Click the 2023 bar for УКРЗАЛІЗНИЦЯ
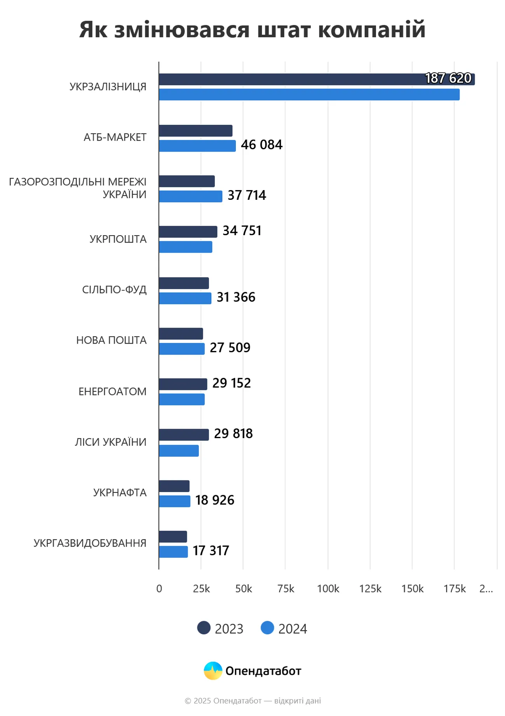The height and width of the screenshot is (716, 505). click(291, 79)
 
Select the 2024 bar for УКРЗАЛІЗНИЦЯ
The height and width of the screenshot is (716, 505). click(309, 94)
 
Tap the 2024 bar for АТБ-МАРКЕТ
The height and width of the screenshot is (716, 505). click(197, 146)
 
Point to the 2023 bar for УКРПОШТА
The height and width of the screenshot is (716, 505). click(188, 232)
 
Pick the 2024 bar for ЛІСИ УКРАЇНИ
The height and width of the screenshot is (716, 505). click(179, 451)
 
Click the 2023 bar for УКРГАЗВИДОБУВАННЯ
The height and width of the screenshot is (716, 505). click(173, 537)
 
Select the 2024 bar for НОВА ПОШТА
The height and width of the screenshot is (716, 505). click(182, 349)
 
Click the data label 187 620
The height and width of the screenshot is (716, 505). click(448, 79)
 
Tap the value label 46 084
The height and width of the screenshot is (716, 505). click(261, 145)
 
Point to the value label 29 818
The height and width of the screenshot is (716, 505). click(233, 434)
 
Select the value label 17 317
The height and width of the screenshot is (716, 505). click(211, 551)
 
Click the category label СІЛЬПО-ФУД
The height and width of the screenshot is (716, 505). click(114, 290)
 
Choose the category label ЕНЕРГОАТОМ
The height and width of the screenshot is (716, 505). click(112, 391)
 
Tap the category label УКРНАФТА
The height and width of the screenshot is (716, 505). click(120, 492)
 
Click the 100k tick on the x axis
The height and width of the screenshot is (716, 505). click(328, 589)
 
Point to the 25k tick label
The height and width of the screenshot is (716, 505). click(201, 589)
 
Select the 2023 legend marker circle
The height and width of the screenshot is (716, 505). click(204, 628)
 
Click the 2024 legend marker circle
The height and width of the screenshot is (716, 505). click(267, 628)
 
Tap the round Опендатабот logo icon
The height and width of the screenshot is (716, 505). click(213, 671)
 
